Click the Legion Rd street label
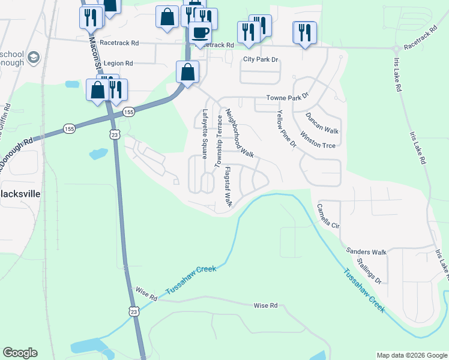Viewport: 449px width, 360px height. [x=118, y=63]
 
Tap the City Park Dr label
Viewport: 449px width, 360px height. [x=261, y=59]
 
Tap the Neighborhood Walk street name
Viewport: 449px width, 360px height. [x=240, y=133]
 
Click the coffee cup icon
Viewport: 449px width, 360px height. [x=200, y=32]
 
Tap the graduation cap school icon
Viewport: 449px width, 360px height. [x=34, y=58]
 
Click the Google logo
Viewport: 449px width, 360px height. [x=20, y=353]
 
